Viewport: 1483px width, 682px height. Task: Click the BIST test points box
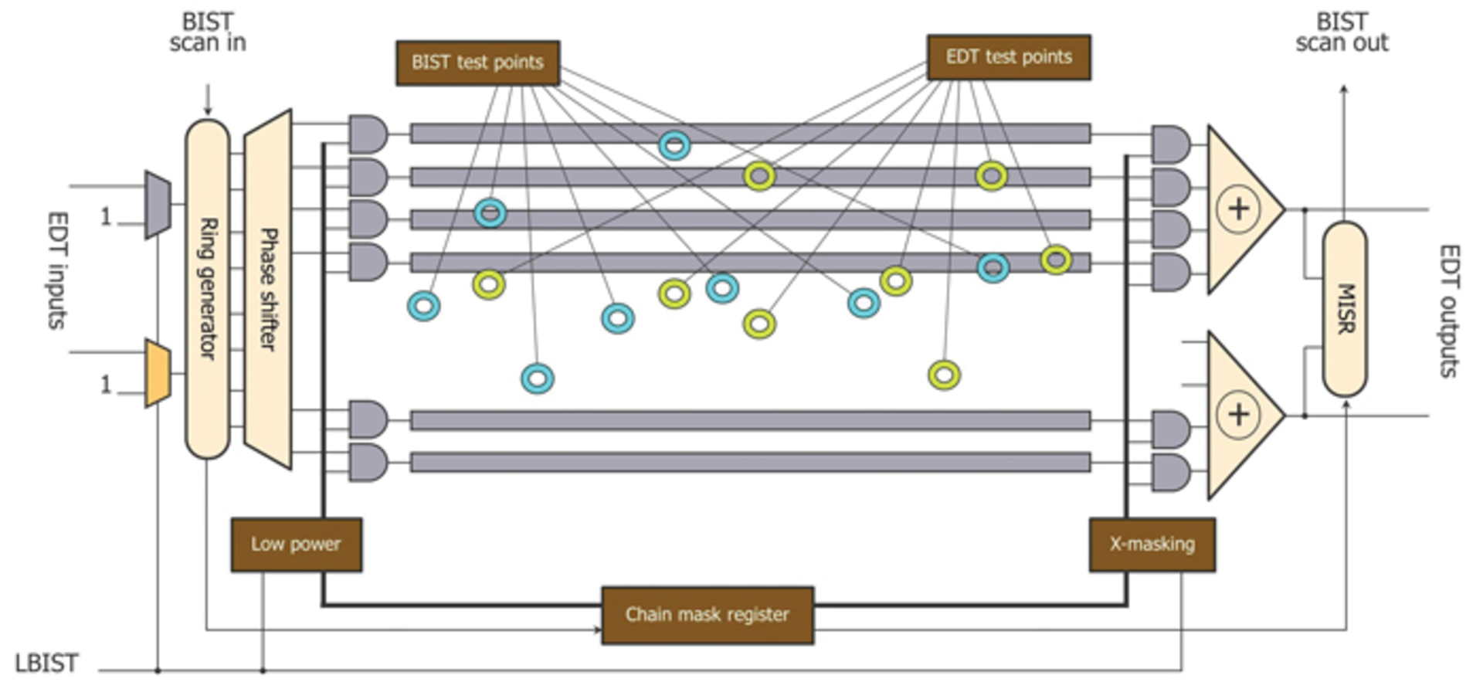(477, 63)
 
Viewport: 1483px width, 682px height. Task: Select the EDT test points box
(1009, 57)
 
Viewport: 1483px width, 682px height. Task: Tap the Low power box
(296, 545)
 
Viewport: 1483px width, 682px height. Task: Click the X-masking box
(1152, 545)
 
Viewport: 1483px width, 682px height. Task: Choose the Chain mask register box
(707, 615)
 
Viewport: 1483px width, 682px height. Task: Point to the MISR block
(1344, 309)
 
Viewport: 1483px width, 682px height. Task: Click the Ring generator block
(207, 288)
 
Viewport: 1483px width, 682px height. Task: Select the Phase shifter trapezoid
(267, 289)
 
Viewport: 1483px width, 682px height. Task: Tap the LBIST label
(46, 663)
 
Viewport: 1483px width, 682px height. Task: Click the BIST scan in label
(207, 32)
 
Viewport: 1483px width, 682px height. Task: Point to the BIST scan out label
(1342, 32)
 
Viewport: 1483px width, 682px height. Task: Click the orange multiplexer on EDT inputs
(158, 373)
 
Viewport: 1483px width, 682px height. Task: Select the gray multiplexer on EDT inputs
(158, 205)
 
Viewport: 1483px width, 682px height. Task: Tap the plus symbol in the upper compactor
(1238, 209)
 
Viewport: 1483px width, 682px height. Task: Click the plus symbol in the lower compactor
(1238, 415)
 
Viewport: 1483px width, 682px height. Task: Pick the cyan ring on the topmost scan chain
(674, 145)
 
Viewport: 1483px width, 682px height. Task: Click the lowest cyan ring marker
(538, 378)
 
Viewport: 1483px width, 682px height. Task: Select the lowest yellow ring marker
(944, 375)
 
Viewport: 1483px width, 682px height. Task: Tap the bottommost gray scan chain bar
(749, 463)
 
